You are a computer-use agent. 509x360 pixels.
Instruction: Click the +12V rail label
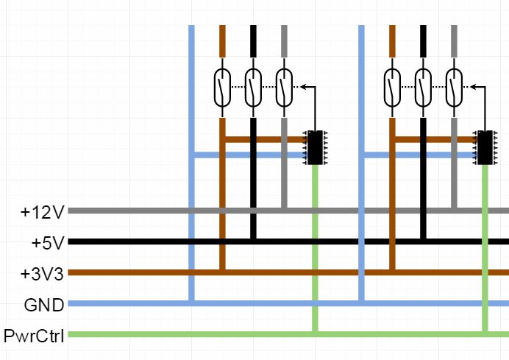43,212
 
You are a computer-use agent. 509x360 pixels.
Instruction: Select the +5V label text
48,242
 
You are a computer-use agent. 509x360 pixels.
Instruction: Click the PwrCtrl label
34,336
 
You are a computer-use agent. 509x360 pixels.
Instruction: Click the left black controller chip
316,147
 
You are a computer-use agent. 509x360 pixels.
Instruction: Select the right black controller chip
485,147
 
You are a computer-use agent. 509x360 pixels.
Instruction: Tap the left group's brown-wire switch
222,88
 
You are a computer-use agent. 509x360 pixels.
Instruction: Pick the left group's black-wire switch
253,88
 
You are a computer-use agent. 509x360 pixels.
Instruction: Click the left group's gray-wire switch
284,88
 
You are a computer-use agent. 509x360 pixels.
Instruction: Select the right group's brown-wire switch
392,88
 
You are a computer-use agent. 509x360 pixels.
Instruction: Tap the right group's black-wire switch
423,88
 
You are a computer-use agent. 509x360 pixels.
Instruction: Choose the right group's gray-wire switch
454,88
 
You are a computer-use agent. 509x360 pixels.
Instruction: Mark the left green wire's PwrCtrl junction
316,335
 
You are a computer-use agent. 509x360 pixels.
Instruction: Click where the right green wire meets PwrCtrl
485,335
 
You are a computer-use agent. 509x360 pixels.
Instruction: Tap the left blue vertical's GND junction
191,303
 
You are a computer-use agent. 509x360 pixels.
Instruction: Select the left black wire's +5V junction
253,241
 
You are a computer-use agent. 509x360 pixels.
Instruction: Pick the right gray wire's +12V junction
454,211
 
